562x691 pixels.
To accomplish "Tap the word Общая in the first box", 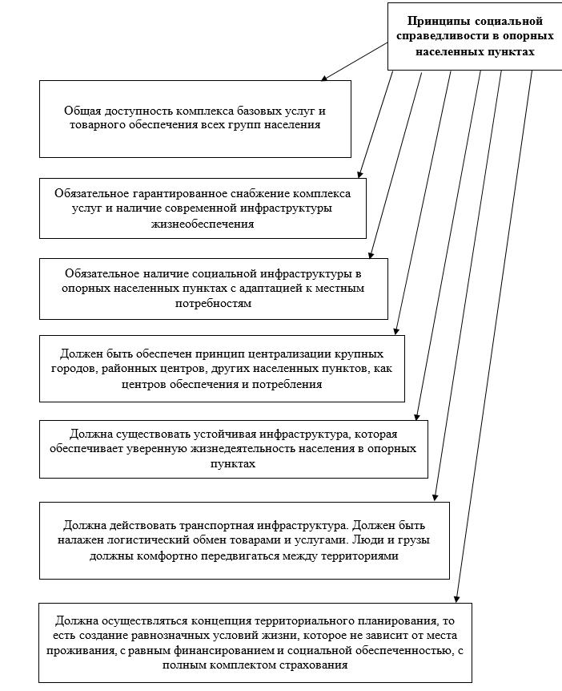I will [82, 111].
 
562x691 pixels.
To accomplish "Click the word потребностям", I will [212, 304].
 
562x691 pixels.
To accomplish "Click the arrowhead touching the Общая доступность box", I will [324, 79].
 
